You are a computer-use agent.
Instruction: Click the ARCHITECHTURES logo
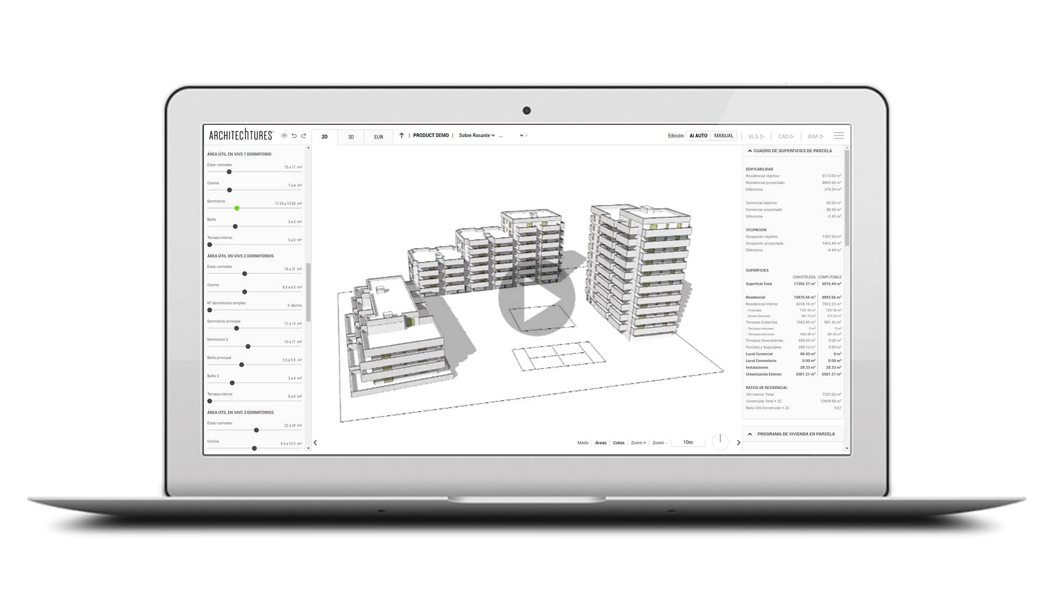tap(241, 135)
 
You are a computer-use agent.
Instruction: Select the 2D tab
tap(324, 137)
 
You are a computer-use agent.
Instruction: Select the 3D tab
tap(351, 137)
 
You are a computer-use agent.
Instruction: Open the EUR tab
tap(379, 137)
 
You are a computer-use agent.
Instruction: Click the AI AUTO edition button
tap(698, 136)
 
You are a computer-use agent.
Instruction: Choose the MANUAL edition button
tap(723, 136)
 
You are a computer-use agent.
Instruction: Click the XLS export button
tap(756, 137)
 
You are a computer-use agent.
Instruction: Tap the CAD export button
tap(785, 137)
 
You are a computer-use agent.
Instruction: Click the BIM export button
tap(815, 137)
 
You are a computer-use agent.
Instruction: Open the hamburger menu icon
tap(839, 136)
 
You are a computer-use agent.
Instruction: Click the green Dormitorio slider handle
tap(237, 208)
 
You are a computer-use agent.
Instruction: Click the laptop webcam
tap(526, 111)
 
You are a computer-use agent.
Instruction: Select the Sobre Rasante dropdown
tap(476, 135)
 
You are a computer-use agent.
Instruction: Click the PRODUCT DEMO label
tap(430, 135)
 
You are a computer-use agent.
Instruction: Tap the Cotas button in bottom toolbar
tap(618, 443)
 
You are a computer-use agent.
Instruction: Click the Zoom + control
tap(638, 443)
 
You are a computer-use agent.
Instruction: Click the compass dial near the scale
tap(720, 442)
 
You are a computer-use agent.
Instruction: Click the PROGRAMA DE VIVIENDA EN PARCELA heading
tap(795, 434)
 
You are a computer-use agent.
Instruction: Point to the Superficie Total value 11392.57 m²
tap(804, 284)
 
